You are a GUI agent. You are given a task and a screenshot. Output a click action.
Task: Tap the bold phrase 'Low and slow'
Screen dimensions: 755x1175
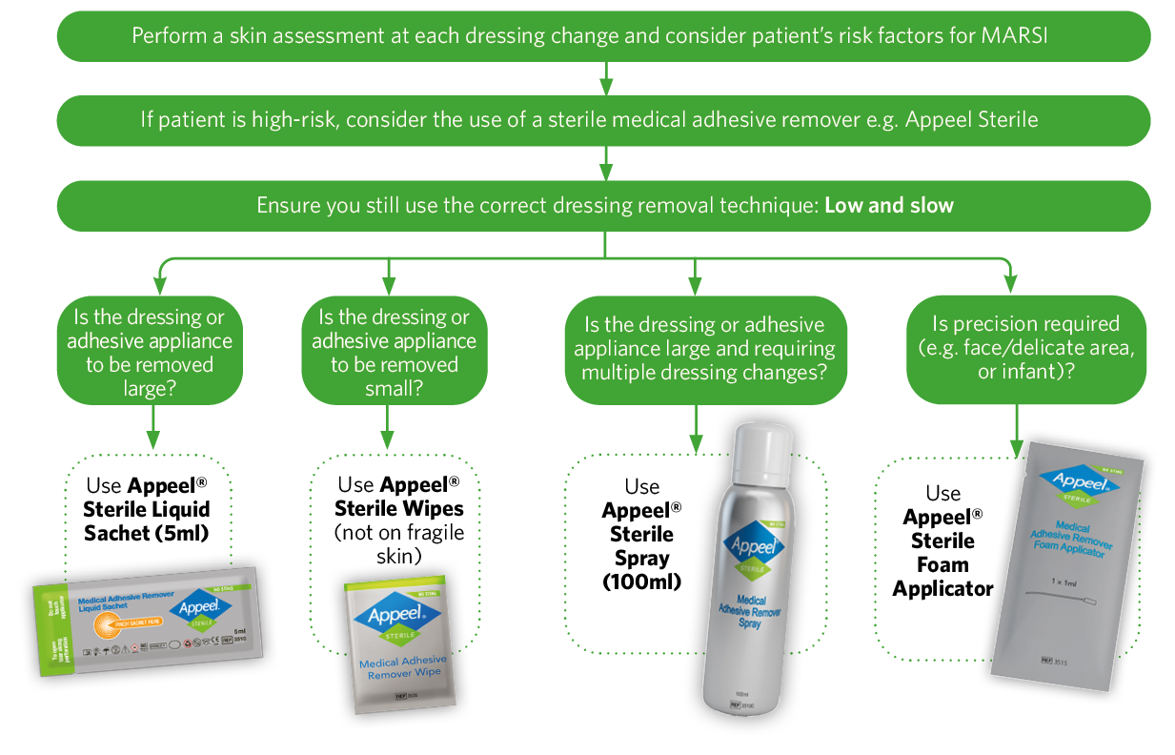[888, 206]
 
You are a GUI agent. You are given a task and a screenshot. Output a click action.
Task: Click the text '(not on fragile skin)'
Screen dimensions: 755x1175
[398, 544]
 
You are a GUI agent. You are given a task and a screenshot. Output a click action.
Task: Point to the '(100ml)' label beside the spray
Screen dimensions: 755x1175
[641, 582]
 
